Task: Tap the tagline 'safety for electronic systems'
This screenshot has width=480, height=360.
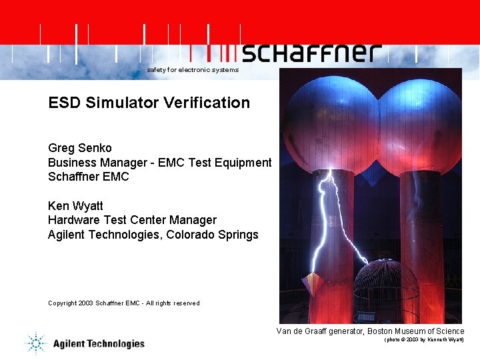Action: coord(193,70)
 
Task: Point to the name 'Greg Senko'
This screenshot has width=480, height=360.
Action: coord(80,148)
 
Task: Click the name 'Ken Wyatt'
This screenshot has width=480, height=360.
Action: coord(76,205)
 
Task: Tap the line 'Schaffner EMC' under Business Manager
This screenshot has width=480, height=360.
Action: coord(89,177)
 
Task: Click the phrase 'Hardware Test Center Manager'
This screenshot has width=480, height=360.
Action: coord(132,220)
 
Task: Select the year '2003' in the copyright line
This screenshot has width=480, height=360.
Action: coord(85,303)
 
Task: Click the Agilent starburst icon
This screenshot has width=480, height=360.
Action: coord(35,343)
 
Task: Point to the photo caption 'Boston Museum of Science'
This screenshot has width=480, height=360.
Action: coord(413,331)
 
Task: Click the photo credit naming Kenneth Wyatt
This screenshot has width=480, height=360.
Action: coord(424,340)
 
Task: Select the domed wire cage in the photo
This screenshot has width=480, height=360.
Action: coord(386,287)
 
